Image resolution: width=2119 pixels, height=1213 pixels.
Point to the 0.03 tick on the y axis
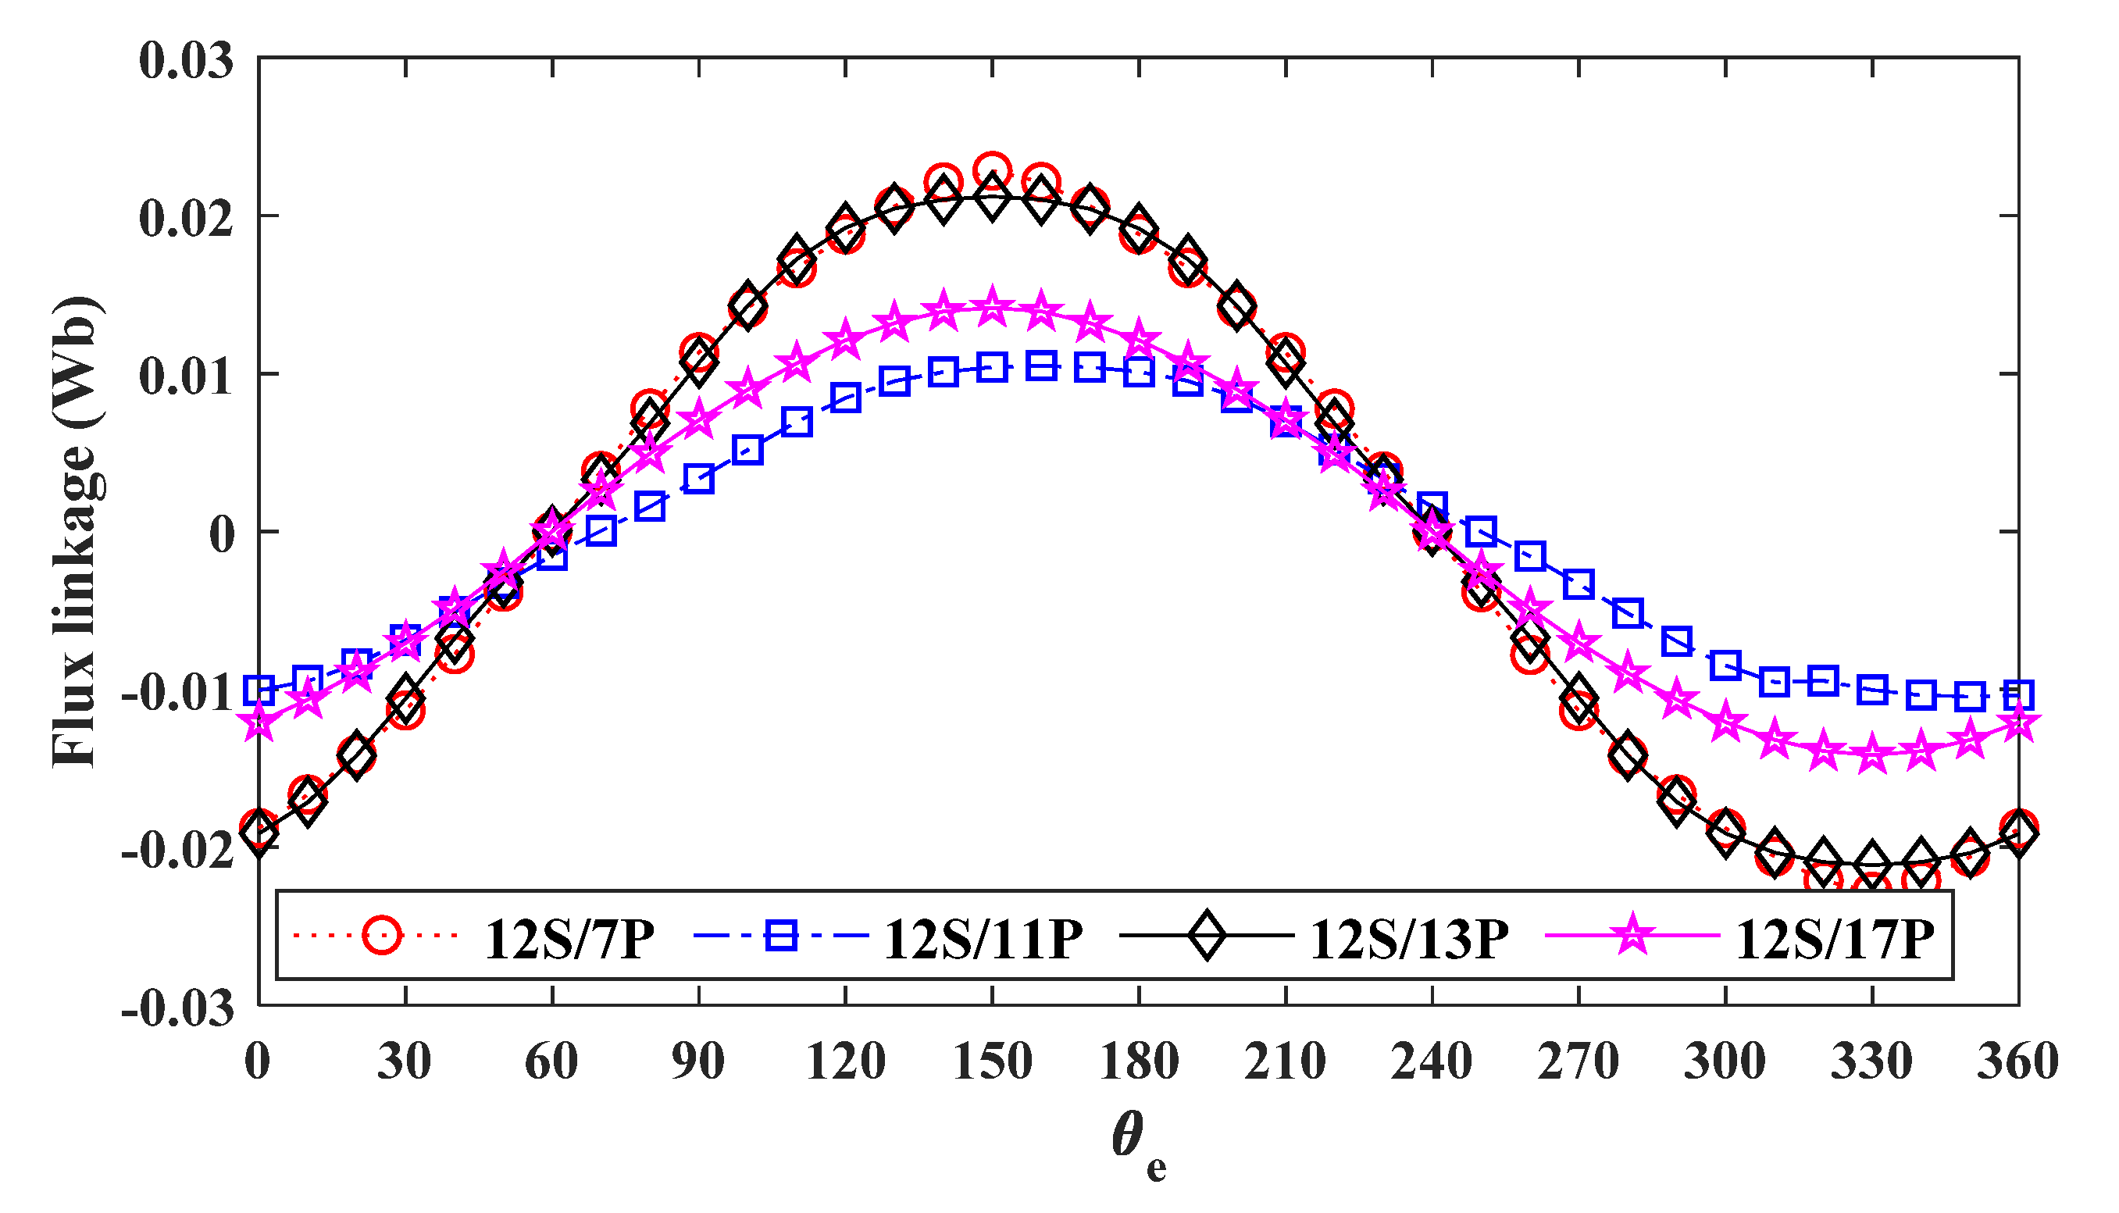pos(186,62)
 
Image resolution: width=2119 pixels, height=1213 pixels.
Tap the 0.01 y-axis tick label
pos(186,376)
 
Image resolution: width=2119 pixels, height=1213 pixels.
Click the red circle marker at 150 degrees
pos(992,170)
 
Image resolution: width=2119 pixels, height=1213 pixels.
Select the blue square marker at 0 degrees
pos(259,690)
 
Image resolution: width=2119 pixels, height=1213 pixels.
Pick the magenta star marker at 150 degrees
pos(992,308)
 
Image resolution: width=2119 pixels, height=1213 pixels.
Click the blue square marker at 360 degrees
pos(2018,693)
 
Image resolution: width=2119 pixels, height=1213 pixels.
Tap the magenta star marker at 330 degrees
pos(1871,754)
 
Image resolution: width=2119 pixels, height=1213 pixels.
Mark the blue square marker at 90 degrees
pos(698,479)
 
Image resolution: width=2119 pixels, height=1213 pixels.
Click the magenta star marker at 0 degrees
pos(259,722)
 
